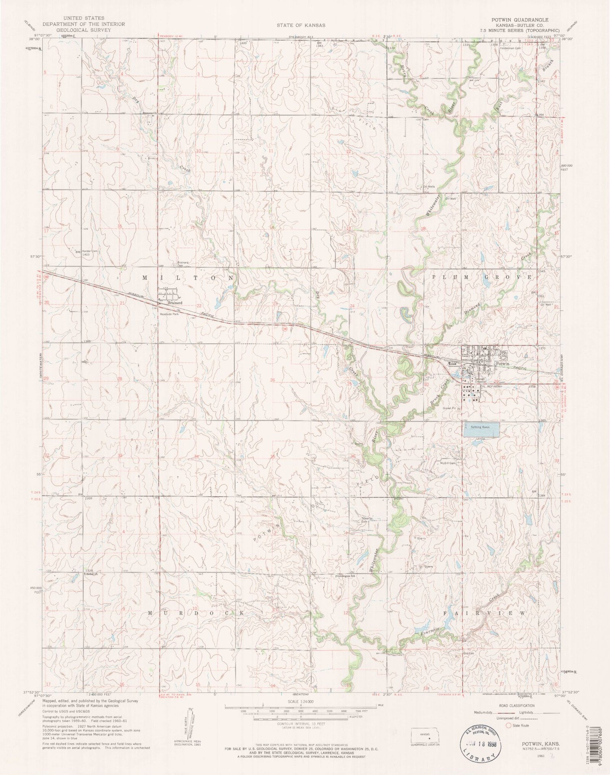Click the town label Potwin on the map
pyautogui.click(x=502, y=363)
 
